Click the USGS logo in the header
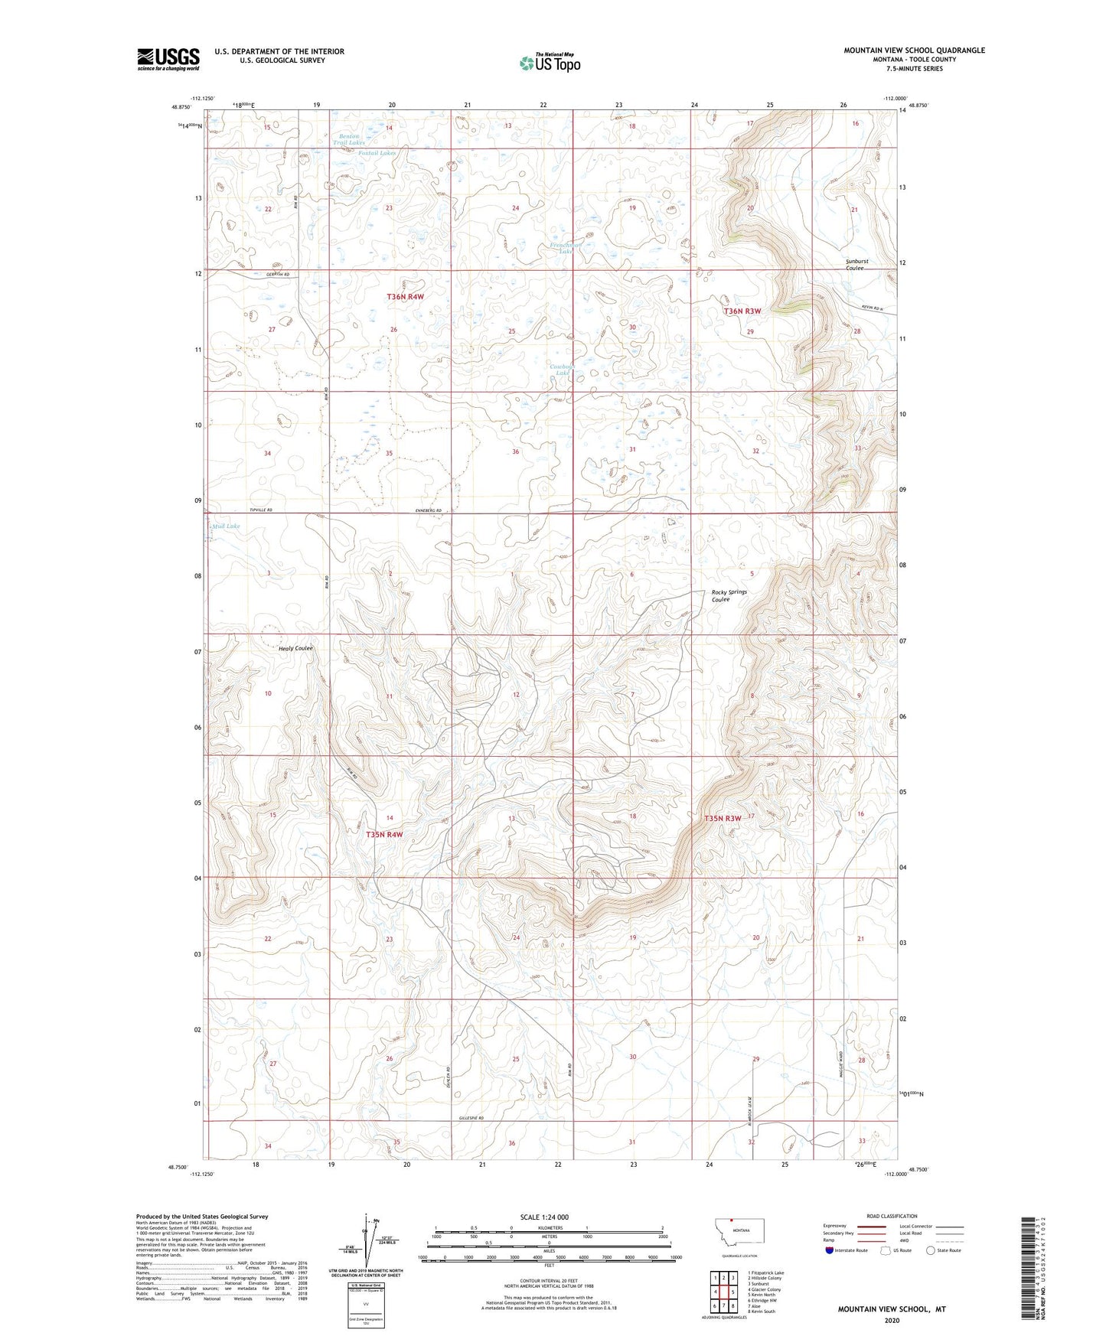168,59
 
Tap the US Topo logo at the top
549,62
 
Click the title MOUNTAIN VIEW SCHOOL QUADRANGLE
914,51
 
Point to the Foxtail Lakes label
378,153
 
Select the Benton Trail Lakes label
348,139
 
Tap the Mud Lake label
226,526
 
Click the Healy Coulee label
295,648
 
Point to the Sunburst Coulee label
856,265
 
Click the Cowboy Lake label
566,370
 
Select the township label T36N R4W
405,296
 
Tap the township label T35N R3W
723,818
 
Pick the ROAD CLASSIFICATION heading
892,1216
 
